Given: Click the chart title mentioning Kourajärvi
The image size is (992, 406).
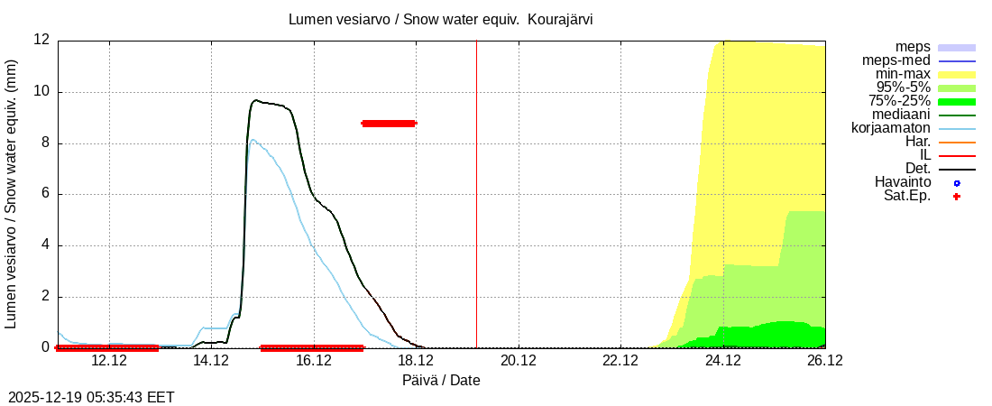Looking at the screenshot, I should pos(440,19).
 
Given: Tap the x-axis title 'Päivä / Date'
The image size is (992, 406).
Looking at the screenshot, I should pos(441,380).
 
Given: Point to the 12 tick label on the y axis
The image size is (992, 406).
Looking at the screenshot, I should pos(41,41).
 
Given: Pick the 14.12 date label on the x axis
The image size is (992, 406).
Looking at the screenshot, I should pos(211,361).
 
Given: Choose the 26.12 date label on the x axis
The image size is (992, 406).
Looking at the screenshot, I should pos(825,361).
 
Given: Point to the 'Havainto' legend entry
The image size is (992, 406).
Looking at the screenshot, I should pos(903,182).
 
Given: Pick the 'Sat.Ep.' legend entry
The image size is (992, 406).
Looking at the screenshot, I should pos(906,196).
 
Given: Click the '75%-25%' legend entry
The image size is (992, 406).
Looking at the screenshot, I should pos(899,101).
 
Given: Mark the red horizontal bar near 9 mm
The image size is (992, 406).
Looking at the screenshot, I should pos(389,124).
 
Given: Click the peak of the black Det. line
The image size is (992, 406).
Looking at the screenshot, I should pos(256,100).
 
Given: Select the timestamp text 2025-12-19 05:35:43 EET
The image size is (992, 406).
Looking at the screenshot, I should pos(91,397).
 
